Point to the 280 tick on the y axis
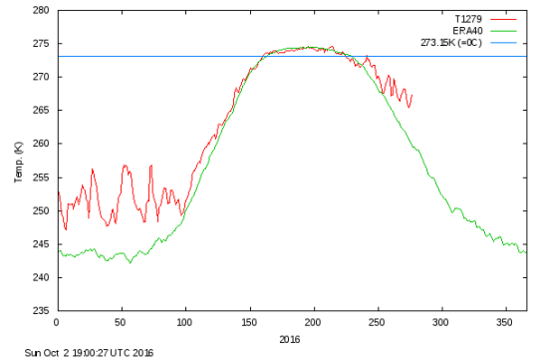click(41, 10)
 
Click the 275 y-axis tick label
click(41, 44)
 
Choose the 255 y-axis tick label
click(41, 177)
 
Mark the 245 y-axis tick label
click(41, 243)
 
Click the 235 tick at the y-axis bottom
click(41, 310)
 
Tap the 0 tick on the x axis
click(57, 322)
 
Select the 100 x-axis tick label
click(184, 322)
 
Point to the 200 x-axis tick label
click(313, 322)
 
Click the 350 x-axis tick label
click(505, 322)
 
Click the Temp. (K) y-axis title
click(18, 161)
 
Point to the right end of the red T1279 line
click(411, 96)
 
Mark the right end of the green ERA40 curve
click(525, 252)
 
